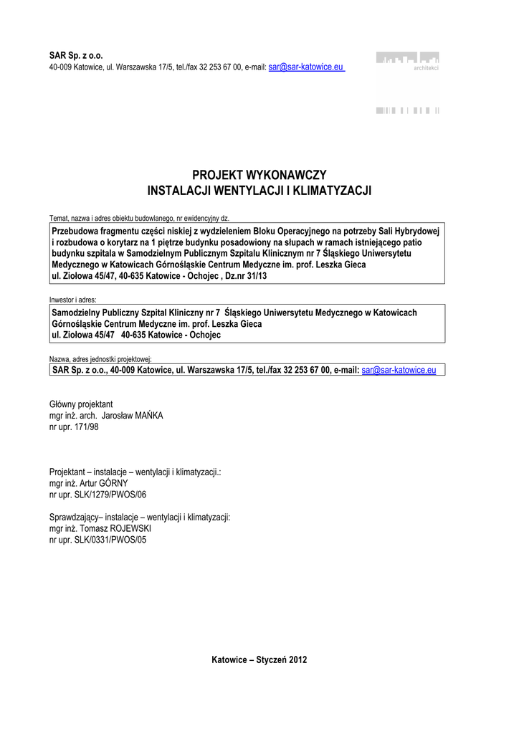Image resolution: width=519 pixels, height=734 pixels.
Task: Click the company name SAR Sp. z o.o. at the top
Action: pyautogui.click(x=76, y=54)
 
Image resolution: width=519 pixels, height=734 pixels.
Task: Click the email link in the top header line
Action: pyautogui.click(x=306, y=67)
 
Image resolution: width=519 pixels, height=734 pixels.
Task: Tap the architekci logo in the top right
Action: pyautogui.click(x=409, y=62)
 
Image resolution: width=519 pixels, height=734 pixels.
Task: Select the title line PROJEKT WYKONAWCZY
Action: pyautogui.click(x=259, y=176)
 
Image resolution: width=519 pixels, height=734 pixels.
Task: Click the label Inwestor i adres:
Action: pyautogui.click(x=72, y=300)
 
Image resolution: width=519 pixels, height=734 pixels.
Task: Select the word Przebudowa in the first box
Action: pyautogui.click(x=75, y=232)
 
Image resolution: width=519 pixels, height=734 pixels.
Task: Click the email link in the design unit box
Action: pyautogui.click(x=399, y=371)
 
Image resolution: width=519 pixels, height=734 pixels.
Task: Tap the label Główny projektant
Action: pyautogui.click(x=81, y=404)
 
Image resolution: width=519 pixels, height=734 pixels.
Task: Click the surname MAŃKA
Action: pyautogui.click(x=148, y=416)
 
